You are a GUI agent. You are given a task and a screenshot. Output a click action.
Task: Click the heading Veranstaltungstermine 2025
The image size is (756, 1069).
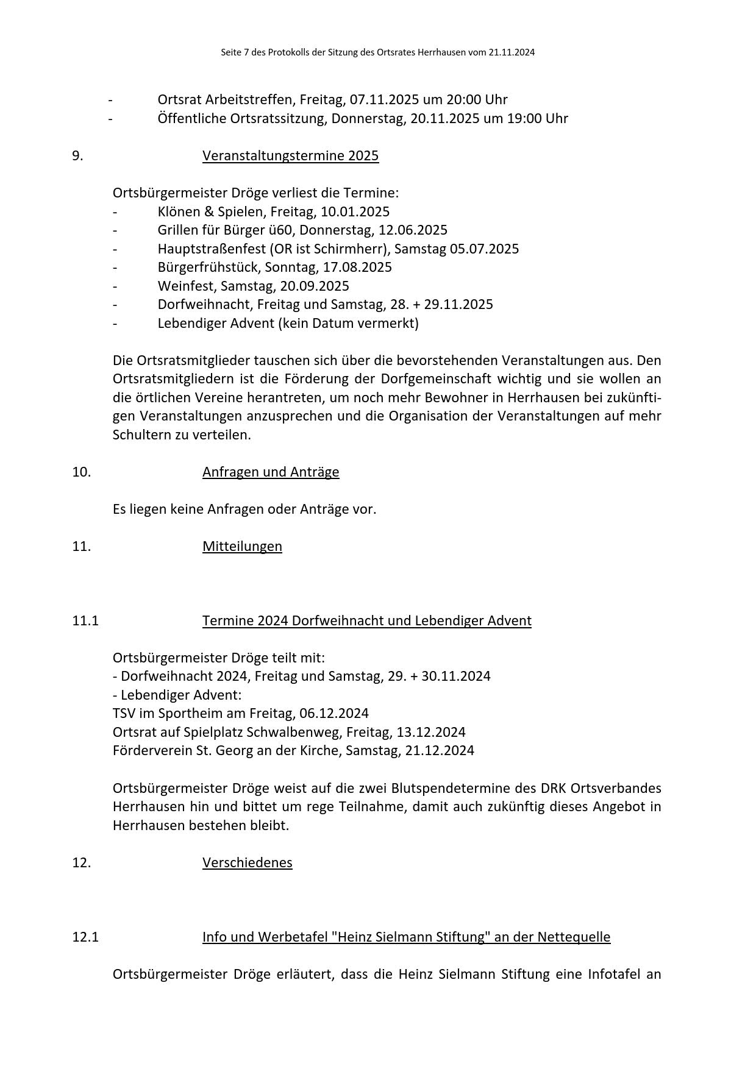pyautogui.click(x=290, y=156)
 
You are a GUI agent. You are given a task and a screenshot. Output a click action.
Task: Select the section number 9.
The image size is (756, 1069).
pyautogui.click(x=77, y=156)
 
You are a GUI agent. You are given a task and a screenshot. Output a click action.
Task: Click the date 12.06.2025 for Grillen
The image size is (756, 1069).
pyautogui.click(x=413, y=230)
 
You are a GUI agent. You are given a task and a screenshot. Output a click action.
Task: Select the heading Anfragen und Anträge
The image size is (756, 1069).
pyautogui.click(x=271, y=472)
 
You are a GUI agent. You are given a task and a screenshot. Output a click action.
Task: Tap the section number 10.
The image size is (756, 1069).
pyautogui.click(x=81, y=472)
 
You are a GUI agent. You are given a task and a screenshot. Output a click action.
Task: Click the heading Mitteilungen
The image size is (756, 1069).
pyautogui.click(x=242, y=547)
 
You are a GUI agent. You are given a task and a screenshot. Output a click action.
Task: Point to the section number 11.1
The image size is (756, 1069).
pyautogui.click(x=85, y=621)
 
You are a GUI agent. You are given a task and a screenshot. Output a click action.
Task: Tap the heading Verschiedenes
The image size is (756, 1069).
pyautogui.click(x=247, y=863)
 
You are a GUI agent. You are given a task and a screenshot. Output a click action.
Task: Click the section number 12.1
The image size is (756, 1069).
pyautogui.click(x=85, y=937)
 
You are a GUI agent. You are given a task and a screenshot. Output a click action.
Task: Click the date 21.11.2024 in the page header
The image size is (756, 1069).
pyautogui.click(x=512, y=52)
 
